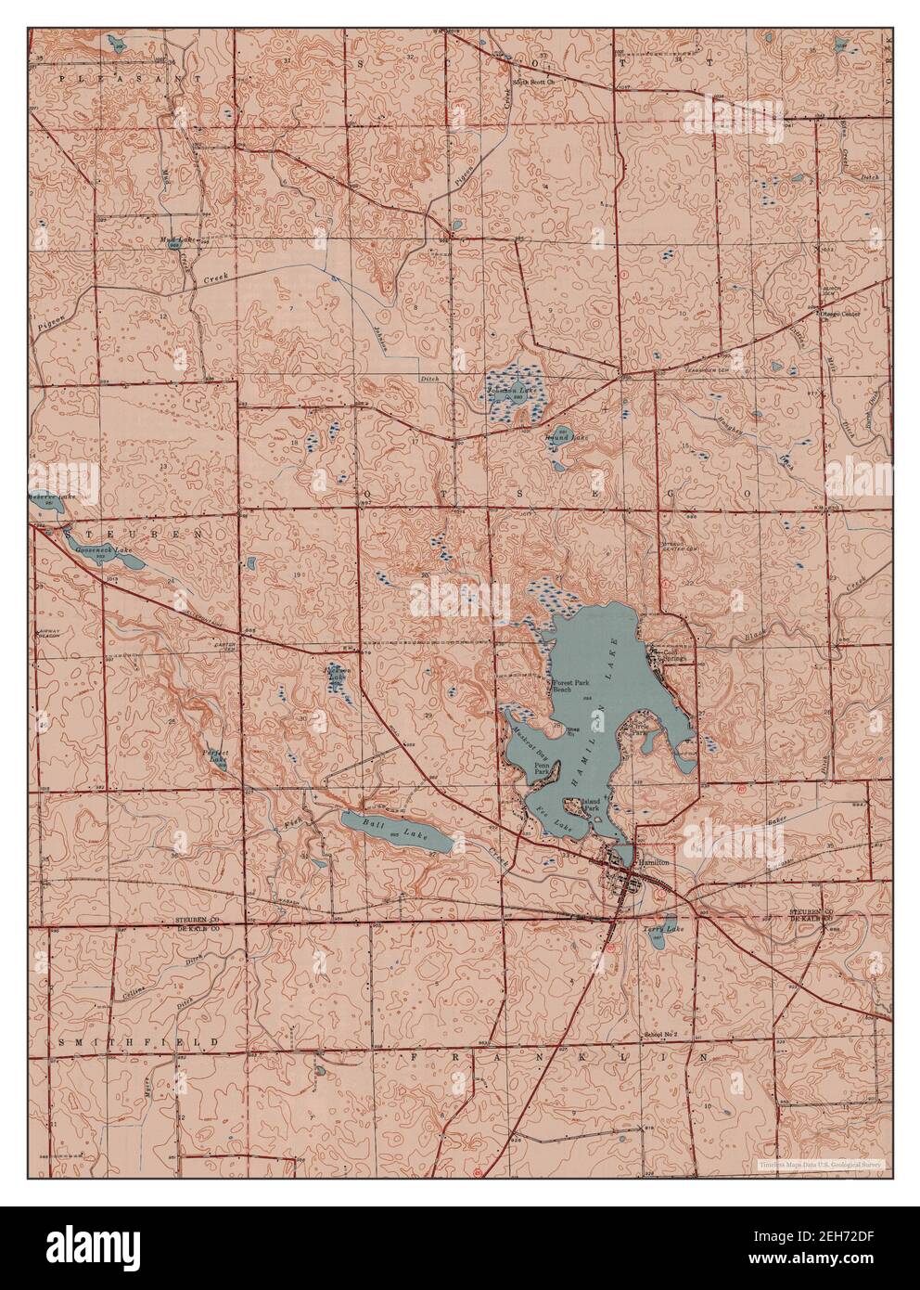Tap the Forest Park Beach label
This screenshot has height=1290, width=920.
(x=572, y=687)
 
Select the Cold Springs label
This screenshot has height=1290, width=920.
(x=671, y=656)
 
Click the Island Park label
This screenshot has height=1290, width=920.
(x=593, y=804)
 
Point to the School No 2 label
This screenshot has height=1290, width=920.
(x=660, y=1033)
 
